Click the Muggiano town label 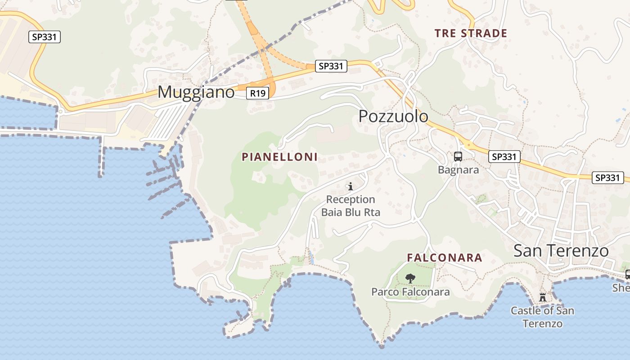tap(196, 92)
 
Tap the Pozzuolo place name tap(393, 117)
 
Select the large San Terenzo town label tap(561, 251)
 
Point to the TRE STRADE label tap(471, 33)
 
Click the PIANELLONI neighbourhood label tap(280, 157)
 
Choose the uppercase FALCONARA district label tap(445, 258)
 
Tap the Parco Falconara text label tap(410, 292)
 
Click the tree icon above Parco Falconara tap(410, 279)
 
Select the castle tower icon tap(542, 297)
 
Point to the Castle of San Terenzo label tap(542, 317)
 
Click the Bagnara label tap(458, 170)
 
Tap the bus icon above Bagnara tap(458, 157)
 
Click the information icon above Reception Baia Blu tap(351, 186)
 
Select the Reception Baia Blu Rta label tap(351, 206)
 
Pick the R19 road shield tap(258, 93)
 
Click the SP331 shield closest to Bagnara tap(504, 157)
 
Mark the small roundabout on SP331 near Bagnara tap(468, 145)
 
